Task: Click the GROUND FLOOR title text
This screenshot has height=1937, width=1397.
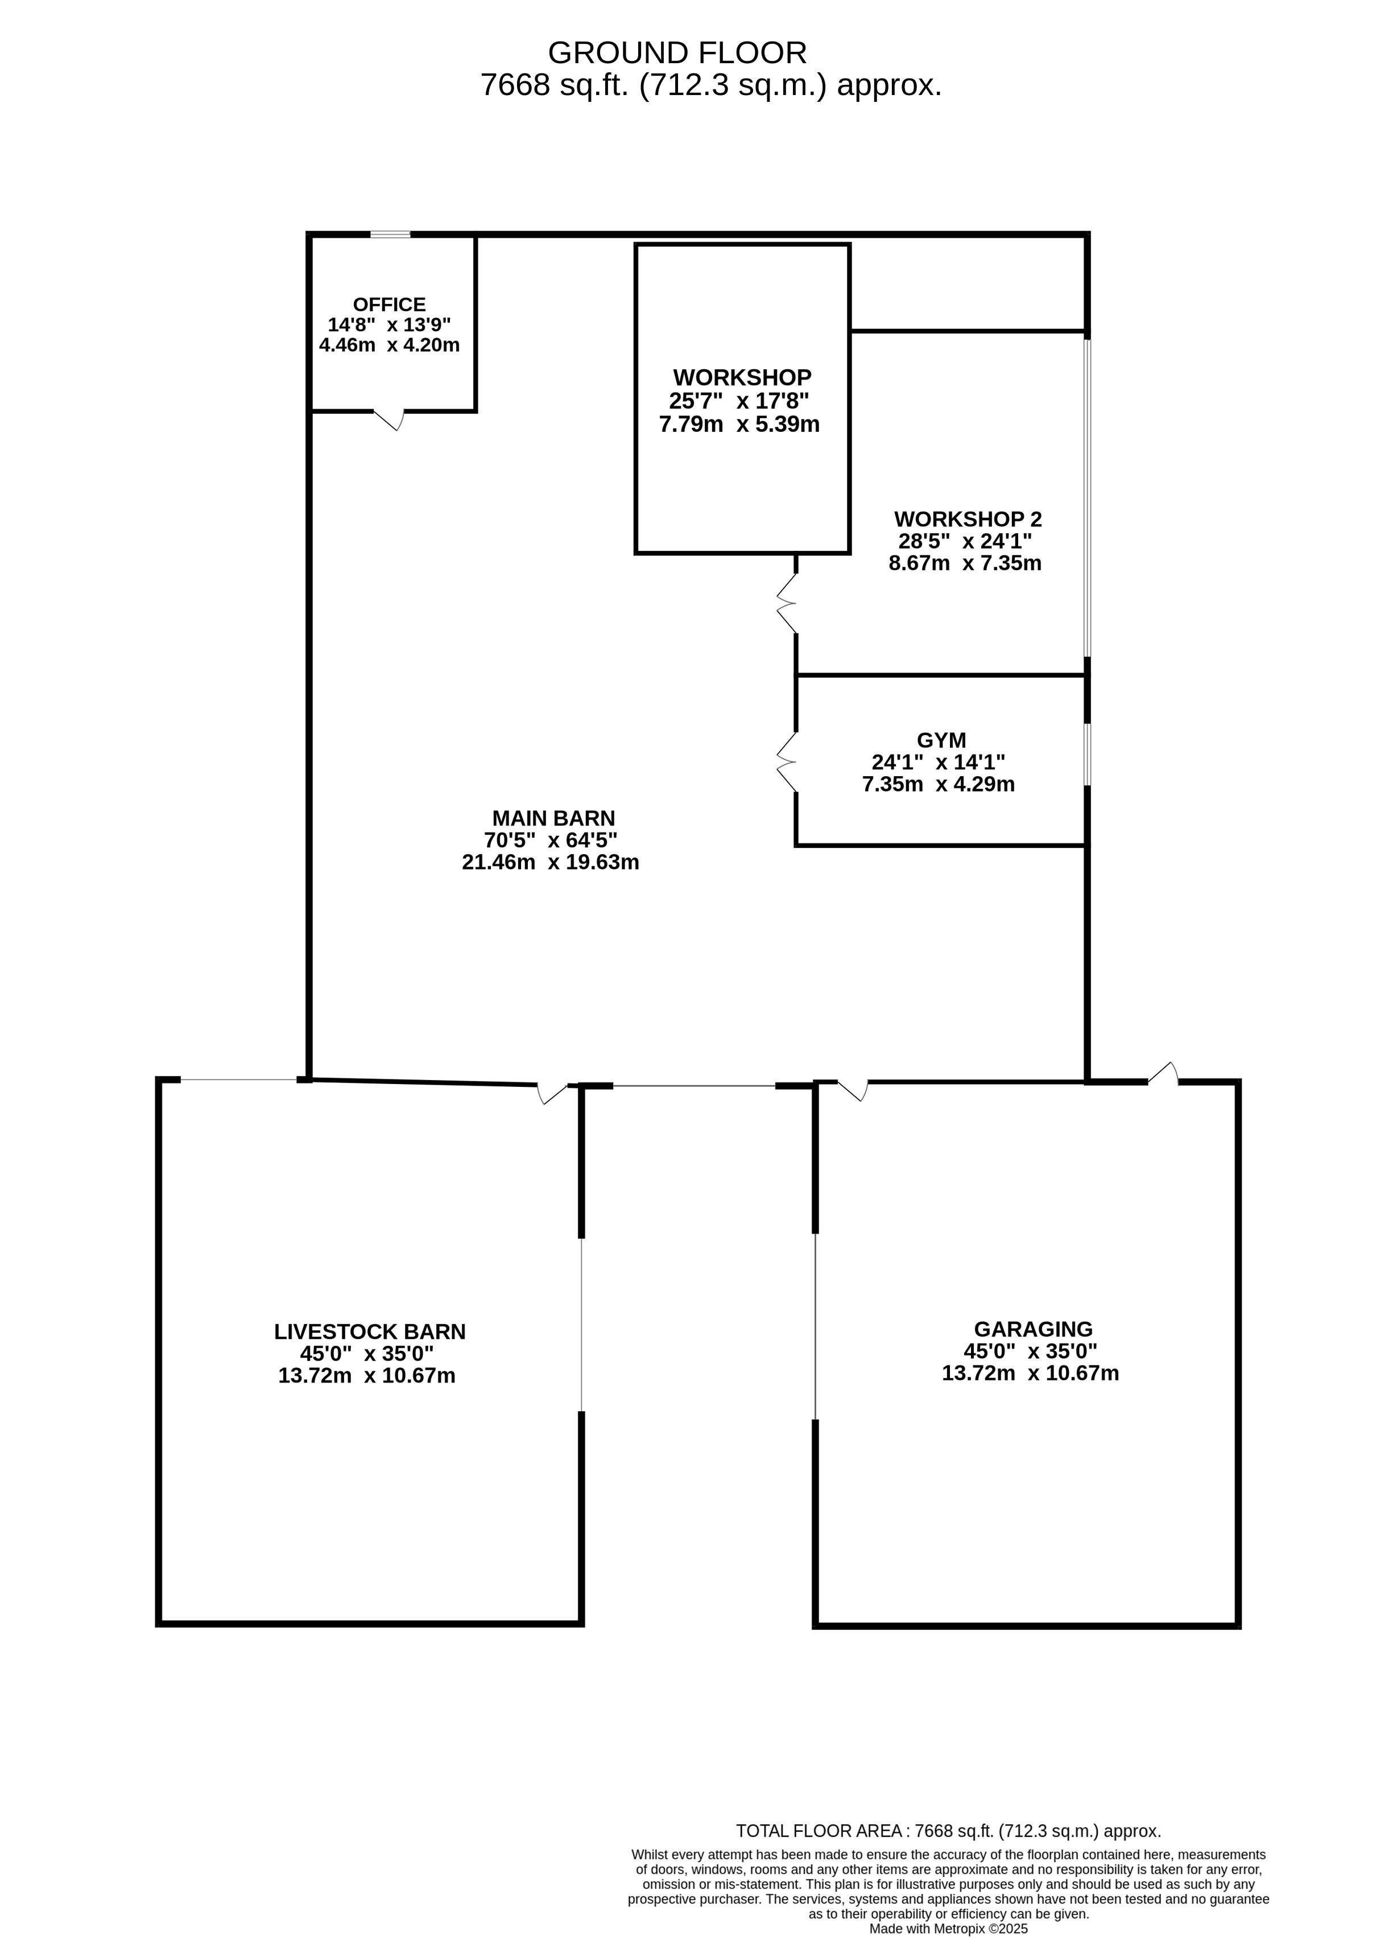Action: click(676, 53)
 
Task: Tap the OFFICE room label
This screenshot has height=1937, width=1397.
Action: click(390, 304)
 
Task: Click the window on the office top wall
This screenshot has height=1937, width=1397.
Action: click(390, 234)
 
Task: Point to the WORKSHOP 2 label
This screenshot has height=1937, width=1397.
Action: click(968, 518)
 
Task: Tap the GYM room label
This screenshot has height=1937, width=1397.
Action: click(941, 740)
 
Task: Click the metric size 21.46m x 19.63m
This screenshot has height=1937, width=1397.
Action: click(551, 862)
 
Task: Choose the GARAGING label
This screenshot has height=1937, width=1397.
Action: click(1033, 1328)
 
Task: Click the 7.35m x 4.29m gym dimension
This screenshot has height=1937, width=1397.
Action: click(939, 784)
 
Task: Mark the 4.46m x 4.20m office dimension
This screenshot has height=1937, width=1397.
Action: click(390, 345)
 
